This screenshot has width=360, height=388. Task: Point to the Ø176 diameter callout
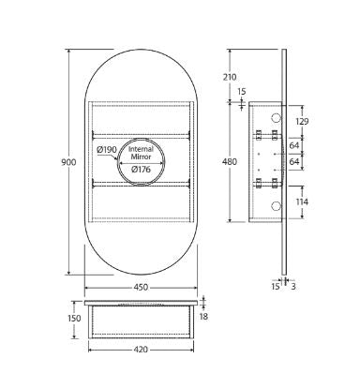pos(143,169)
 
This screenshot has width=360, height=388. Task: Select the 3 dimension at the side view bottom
pos(292,286)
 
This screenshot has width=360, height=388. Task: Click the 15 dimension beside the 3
pos(276,286)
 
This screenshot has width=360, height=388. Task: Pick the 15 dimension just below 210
pos(242,91)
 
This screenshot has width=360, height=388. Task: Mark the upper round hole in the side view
pos(277,119)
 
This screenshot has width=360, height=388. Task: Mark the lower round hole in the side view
pos(277,204)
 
